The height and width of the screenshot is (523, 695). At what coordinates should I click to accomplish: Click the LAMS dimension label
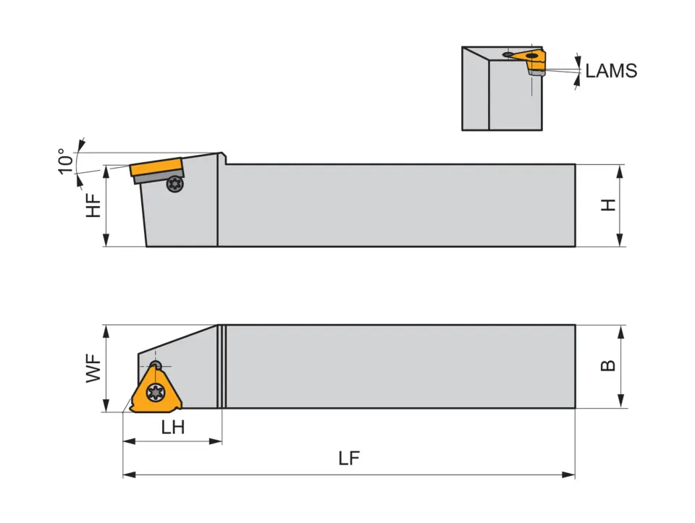click(x=611, y=70)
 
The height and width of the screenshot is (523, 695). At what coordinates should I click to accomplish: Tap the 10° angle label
click(x=65, y=161)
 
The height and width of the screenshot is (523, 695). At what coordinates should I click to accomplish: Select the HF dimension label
click(x=93, y=205)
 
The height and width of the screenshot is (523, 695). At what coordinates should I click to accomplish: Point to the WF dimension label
click(x=93, y=369)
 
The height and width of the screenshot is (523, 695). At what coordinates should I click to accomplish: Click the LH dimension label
click(x=172, y=428)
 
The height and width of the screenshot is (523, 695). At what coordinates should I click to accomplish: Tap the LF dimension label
click(x=349, y=459)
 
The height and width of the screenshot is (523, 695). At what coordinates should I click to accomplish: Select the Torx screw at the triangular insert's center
click(x=154, y=393)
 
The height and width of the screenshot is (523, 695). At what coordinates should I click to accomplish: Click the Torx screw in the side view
click(x=174, y=184)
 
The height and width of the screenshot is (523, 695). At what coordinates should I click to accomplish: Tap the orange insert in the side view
click(x=155, y=167)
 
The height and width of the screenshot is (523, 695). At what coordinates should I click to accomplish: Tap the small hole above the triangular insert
click(x=154, y=365)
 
